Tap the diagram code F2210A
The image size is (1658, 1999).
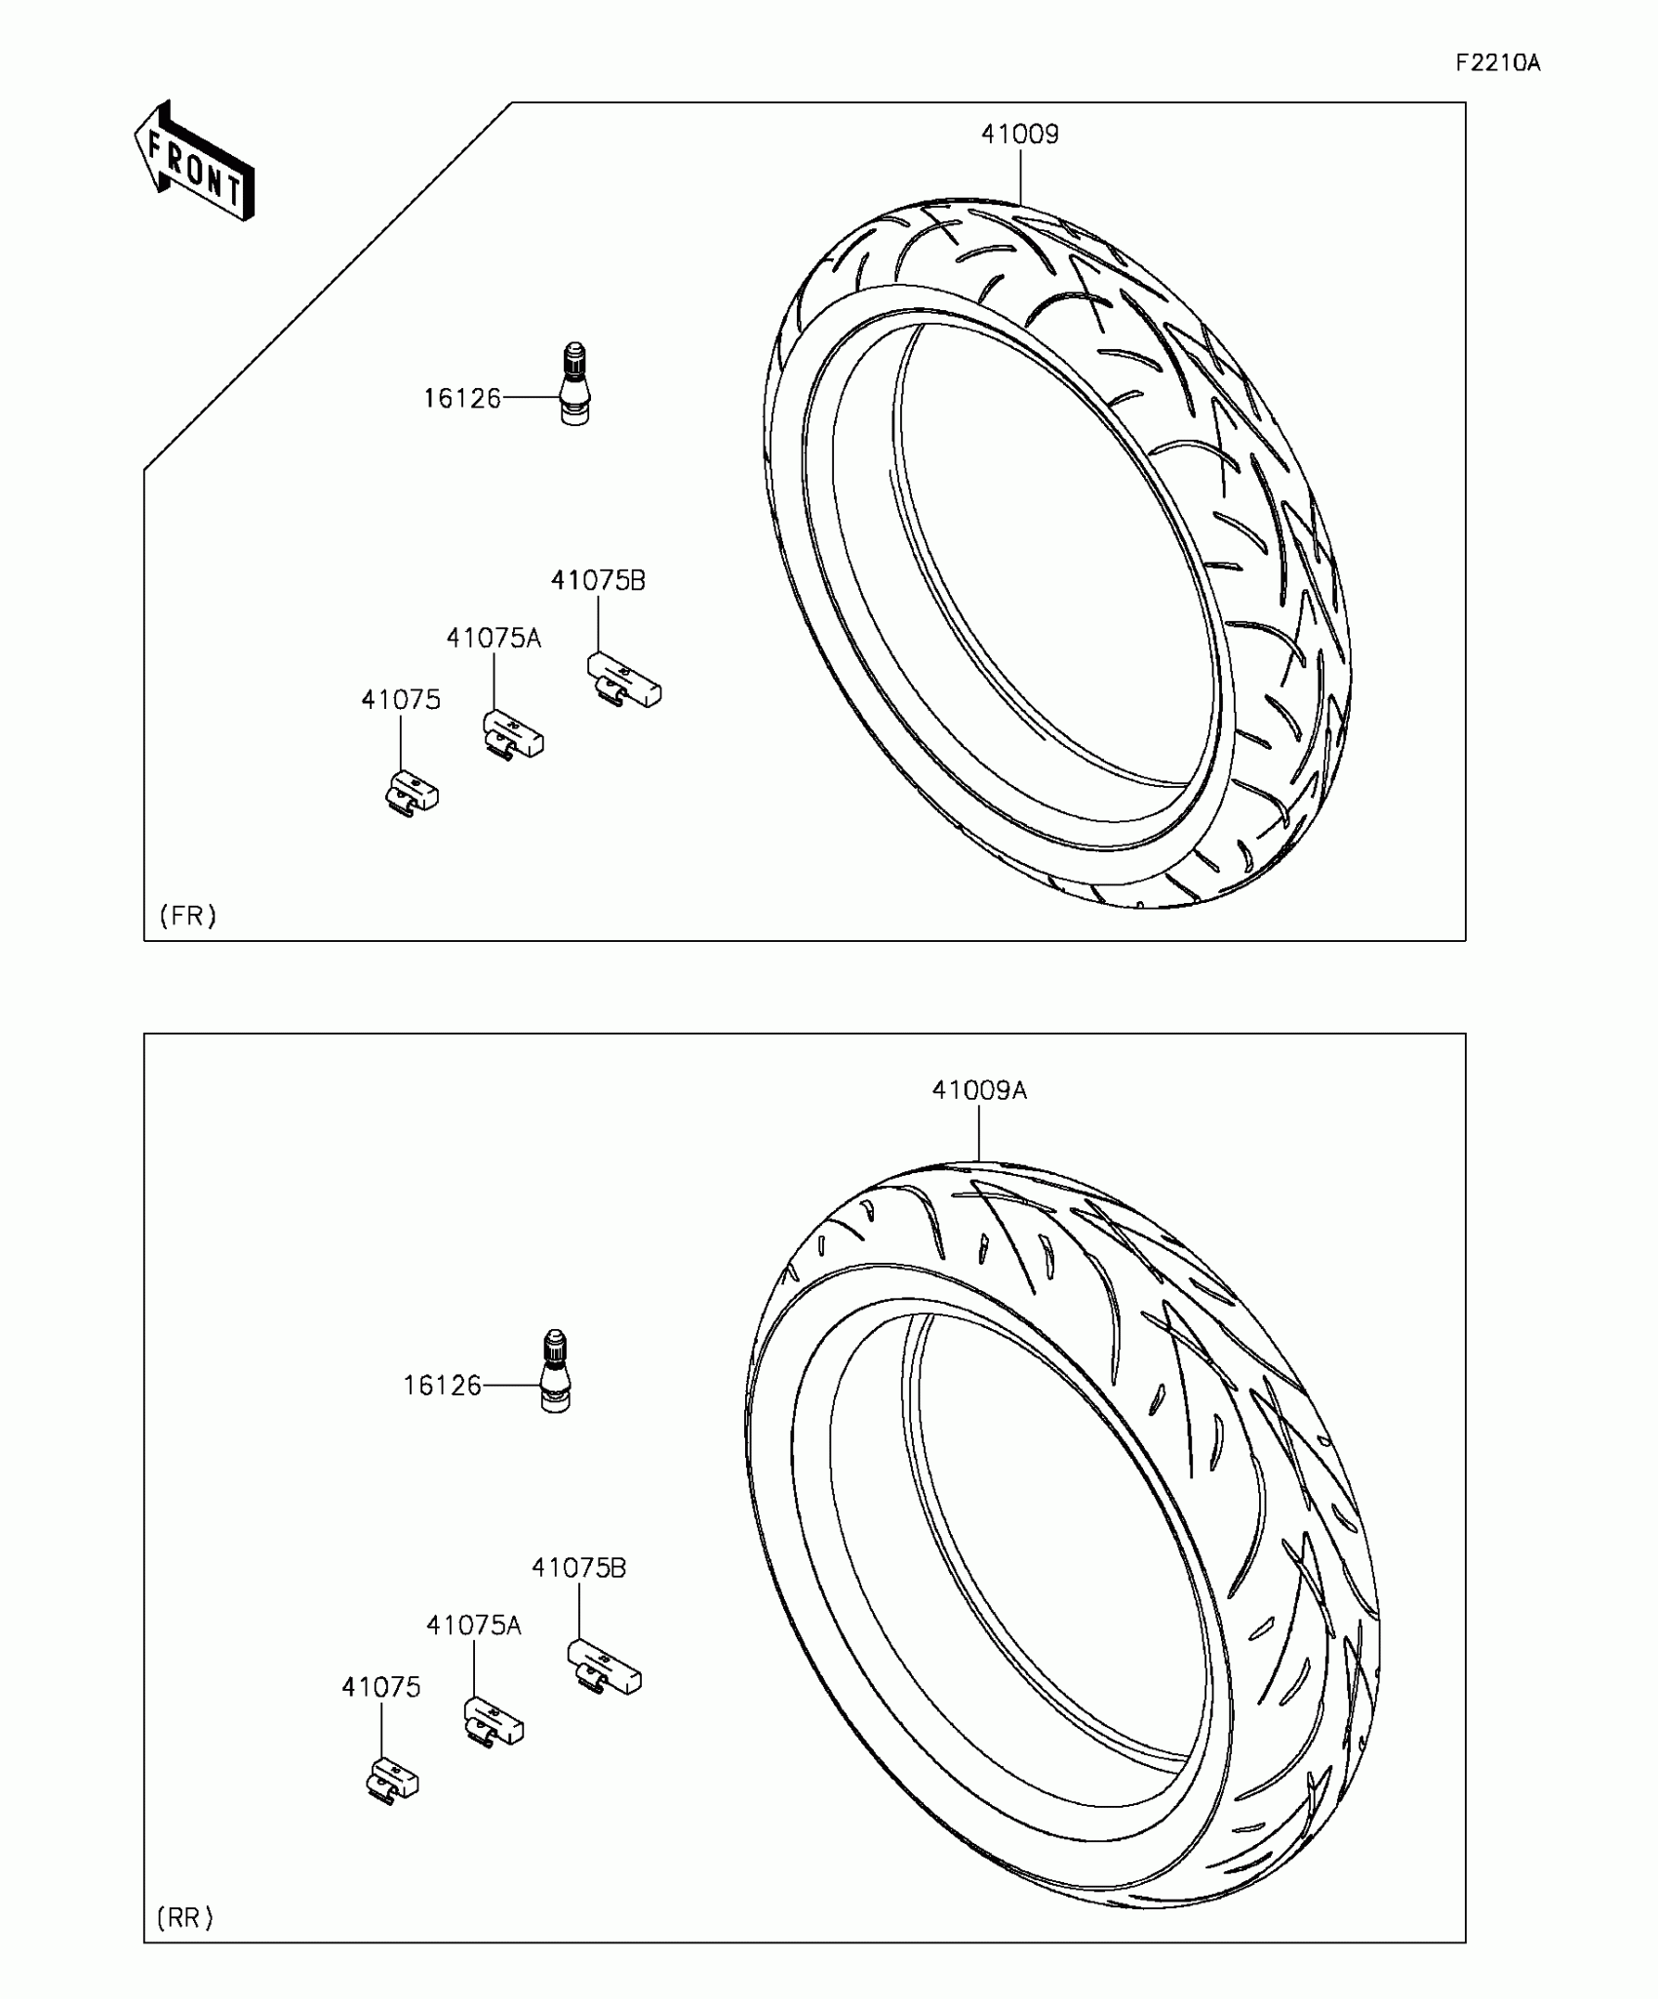click(1498, 63)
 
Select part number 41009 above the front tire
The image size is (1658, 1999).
click(1020, 134)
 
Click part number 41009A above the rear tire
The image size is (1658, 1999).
click(979, 1090)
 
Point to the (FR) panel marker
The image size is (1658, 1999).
click(188, 916)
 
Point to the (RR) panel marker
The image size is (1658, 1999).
click(185, 1918)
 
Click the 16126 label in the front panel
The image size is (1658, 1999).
click(461, 398)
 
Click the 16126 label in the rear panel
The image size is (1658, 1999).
click(443, 1385)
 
